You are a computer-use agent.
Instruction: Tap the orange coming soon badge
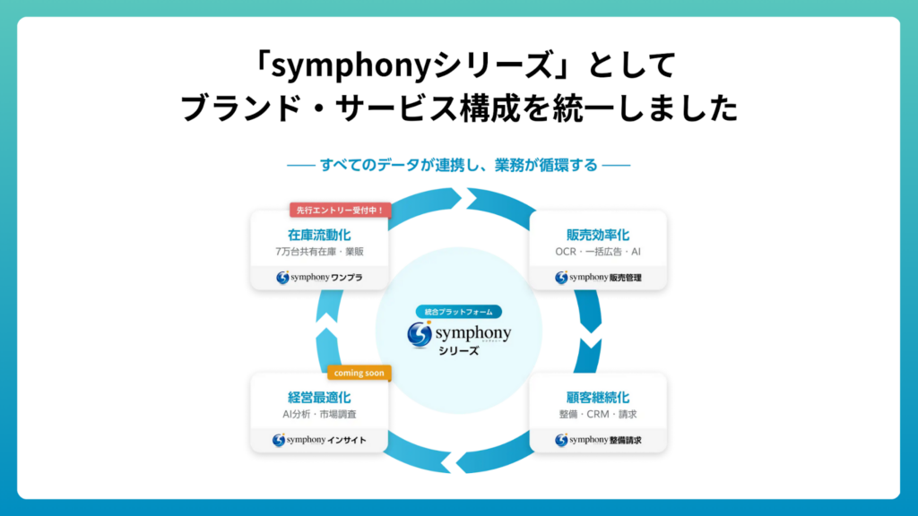coord(359,373)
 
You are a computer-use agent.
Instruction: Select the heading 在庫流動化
coord(319,236)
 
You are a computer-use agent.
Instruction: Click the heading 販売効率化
coord(598,236)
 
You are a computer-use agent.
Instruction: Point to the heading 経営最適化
coord(319,397)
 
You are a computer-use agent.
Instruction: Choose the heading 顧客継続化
coord(598,397)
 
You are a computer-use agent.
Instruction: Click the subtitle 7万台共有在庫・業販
coord(319,253)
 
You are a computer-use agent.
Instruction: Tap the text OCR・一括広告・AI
coord(598,253)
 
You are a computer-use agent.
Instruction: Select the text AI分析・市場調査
coord(319,414)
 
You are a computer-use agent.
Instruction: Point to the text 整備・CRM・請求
coord(598,414)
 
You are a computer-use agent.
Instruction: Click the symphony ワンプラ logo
coord(319,278)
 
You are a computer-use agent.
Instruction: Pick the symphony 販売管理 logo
coord(598,278)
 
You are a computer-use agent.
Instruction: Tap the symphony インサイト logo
coord(319,440)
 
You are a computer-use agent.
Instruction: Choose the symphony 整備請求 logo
coord(598,440)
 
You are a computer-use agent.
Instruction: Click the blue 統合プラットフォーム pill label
coord(459,312)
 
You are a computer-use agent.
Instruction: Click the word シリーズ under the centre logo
coord(459,351)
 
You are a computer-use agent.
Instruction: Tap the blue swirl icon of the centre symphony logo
coord(420,333)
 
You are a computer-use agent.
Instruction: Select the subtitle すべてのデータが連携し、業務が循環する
coord(458,165)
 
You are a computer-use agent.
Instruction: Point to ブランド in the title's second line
coord(236,108)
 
